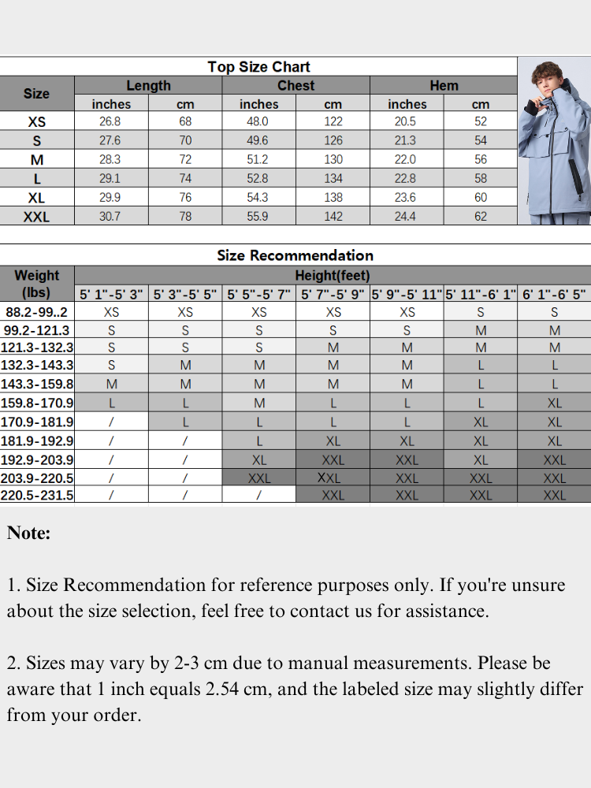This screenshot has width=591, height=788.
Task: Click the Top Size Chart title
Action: pyautogui.click(x=258, y=67)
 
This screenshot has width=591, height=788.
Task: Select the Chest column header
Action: pyautogui.click(x=295, y=86)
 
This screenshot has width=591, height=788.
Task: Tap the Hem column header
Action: pyautogui.click(x=444, y=86)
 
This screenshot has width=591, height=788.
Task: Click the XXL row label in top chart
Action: pyautogui.click(x=36, y=217)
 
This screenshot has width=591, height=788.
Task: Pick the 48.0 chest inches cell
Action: pyautogui.click(x=258, y=121)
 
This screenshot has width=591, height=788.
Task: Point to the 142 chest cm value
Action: pyautogui.click(x=333, y=217)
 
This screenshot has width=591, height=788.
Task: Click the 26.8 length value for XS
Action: pyautogui.click(x=110, y=121)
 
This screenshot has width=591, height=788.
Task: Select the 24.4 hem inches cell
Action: pyautogui.click(x=405, y=217)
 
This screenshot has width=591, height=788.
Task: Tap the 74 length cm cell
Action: pyautogui.click(x=185, y=178)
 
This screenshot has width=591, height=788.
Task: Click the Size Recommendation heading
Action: pyautogui.click(x=295, y=255)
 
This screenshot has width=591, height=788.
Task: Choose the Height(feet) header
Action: pyautogui.click(x=332, y=276)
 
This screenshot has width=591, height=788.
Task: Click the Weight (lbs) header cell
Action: pyautogui.click(x=37, y=284)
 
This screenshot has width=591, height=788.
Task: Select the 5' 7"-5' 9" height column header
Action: pyautogui.click(x=333, y=295)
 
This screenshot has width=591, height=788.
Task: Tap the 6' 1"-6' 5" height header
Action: pyautogui.click(x=555, y=295)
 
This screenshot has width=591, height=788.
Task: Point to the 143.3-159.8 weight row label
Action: pyautogui.click(x=37, y=384)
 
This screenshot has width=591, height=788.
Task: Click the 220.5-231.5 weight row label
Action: pyautogui.click(x=37, y=495)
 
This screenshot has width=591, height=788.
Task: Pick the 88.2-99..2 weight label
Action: pyautogui.click(x=37, y=311)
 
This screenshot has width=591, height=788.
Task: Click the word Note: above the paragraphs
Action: pyautogui.click(x=28, y=533)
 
